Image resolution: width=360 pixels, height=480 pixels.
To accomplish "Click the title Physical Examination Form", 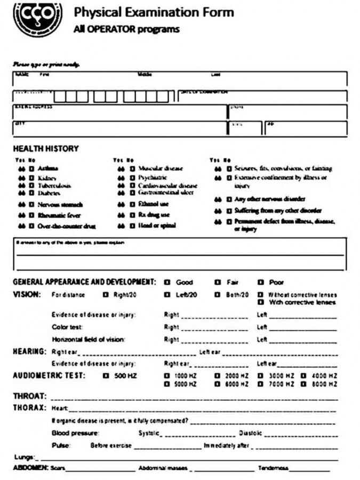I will pyautogui.click(x=154, y=12).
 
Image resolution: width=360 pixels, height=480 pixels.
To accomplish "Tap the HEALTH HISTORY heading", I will pyautogui.click(x=45, y=148).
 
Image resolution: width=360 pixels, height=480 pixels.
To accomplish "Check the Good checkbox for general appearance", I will pyautogui.click(x=167, y=282).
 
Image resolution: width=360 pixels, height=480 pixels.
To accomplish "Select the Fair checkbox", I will pyautogui.click(x=218, y=282).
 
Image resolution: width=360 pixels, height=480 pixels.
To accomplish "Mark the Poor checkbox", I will pyautogui.click(x=261, y=282).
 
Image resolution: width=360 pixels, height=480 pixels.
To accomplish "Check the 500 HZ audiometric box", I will pyautogui.click(x=106, y=376).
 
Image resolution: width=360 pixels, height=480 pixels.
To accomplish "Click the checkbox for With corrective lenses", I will pyautogui.click(x=261, y=302).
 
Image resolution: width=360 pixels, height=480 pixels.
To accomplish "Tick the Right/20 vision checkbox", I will pyautogui.click(x=106, y=294).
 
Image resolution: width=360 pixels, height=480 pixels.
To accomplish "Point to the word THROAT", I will pyautogui.click(x=29, y=397).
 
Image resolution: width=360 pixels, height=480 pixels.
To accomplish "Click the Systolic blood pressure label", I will pyautogui.click(x=149, y=433).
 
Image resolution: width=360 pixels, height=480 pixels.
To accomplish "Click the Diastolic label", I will pyautogui.click(x=250, y=433).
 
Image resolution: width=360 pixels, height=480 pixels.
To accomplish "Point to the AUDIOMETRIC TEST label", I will pyautogui.click(x=49, y=375).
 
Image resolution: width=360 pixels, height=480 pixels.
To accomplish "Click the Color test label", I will pyautogui.click(x=67, y=327).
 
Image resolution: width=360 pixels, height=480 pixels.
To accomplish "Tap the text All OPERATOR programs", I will pyautogui.click(x=126, y=29).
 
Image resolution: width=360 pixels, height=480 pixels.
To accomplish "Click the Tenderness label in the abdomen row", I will pyautogui.click(x=273, y=468).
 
